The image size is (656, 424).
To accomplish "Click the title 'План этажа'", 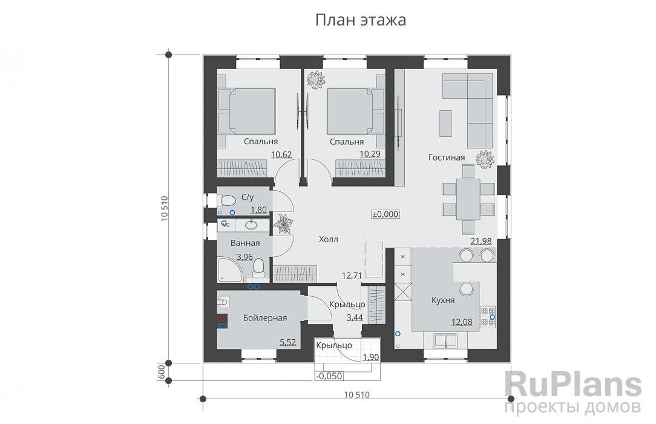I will (361, 20).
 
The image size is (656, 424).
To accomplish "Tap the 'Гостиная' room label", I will (447, 157).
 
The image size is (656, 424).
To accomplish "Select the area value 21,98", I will (481, 241).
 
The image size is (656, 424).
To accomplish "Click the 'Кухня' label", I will (443, 299).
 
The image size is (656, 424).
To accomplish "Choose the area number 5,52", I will (287, 343).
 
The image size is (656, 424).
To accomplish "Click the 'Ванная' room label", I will (245, 243).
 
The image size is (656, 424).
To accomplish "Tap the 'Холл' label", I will (328, 239).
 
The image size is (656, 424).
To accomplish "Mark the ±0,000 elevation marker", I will (385, 214).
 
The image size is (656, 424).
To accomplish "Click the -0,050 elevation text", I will (327, 375).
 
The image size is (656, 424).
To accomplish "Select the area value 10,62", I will (281, 154).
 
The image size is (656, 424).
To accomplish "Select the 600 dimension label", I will (162, 371).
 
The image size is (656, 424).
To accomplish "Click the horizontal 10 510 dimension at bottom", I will (356, 394).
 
